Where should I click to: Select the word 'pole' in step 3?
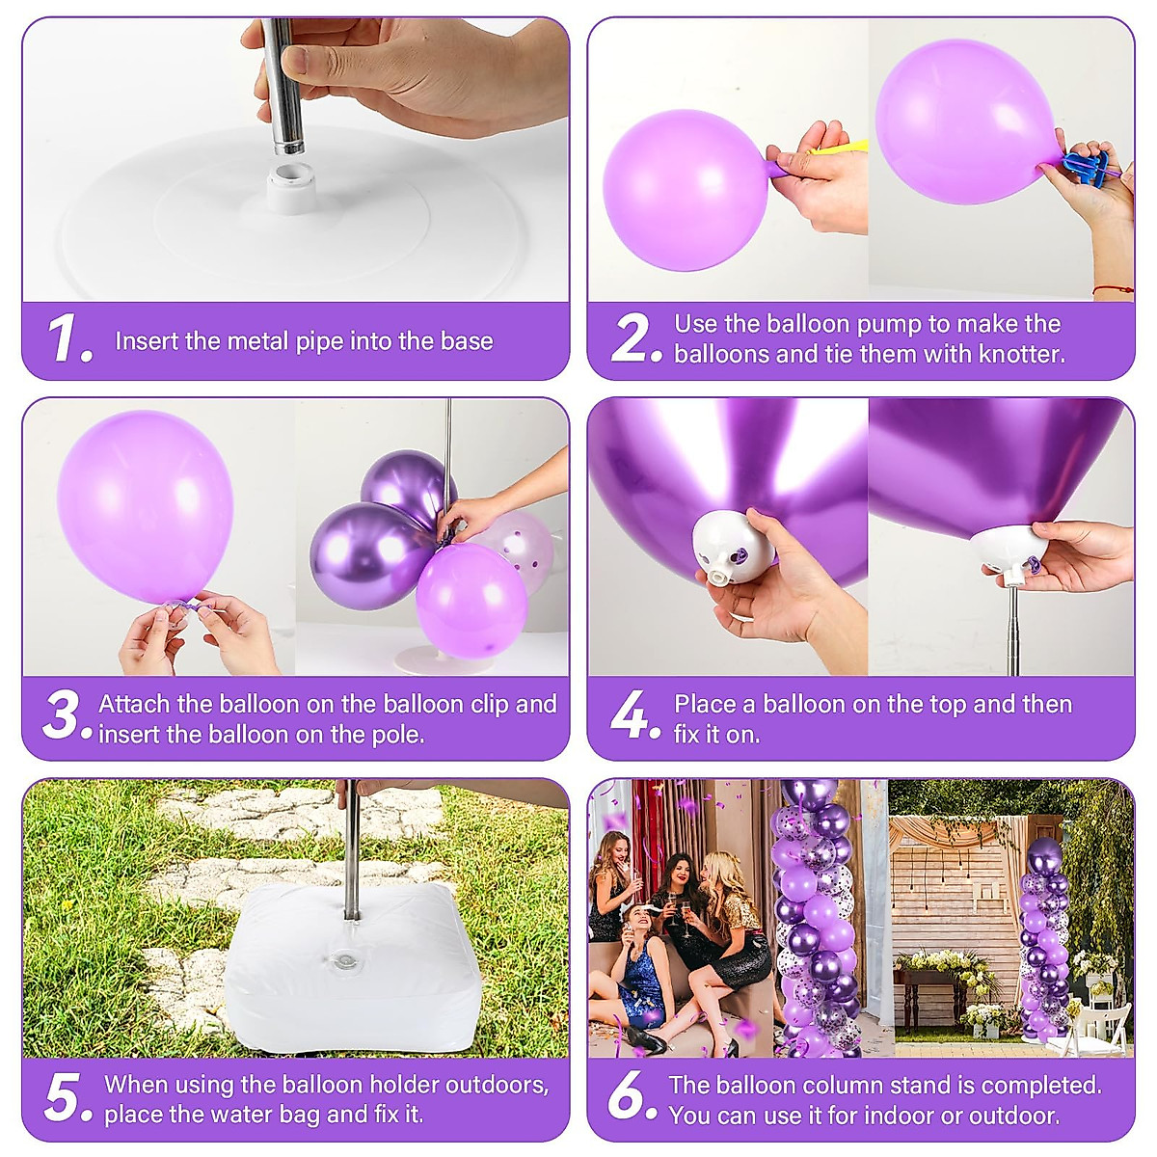click(x=399, y=735)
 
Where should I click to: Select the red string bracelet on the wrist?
click(x=1113, y=288)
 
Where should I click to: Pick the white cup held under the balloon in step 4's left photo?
click(x=730, y=549)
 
